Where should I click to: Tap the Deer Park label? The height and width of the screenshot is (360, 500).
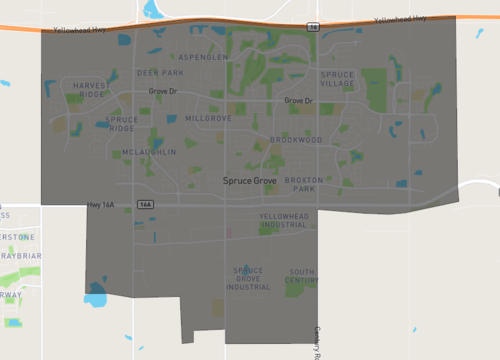pos(160,73)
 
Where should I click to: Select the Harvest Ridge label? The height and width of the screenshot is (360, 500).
pos(88,89)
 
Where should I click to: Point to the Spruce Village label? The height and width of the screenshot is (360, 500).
pos(337,79)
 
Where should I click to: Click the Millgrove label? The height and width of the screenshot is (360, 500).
pos(208,118)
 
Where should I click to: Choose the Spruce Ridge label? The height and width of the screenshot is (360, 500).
pos(121,124)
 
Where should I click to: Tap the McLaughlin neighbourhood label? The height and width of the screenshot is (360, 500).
pos(149,152)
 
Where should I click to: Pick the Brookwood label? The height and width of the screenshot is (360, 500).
pos(295,141)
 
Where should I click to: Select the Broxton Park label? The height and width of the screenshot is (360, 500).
pos(303,185)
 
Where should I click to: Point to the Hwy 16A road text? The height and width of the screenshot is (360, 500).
pos(102,204)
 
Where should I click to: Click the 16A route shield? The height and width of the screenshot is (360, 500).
pos(146,204)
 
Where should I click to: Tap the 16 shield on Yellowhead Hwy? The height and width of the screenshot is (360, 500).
pos(313,26)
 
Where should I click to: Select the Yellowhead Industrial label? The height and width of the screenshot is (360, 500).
pos(283,221)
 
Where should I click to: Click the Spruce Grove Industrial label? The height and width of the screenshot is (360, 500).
pos(248,279)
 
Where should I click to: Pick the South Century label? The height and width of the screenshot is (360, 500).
pos(302,276)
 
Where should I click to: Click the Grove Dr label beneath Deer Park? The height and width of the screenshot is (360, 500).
pos(162,91)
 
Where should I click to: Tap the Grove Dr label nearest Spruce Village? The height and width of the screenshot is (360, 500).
pos(298,101)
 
